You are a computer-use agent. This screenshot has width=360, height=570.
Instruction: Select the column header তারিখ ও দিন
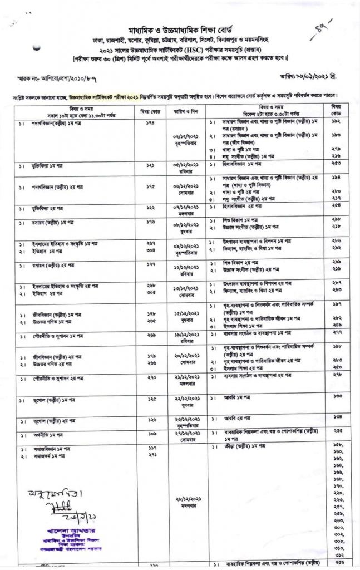(x=186, y=109)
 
